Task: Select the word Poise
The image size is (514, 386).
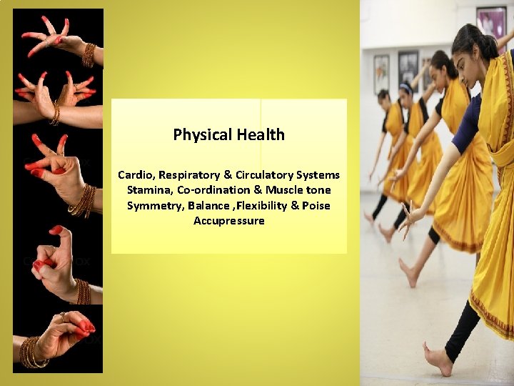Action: coord(316,206)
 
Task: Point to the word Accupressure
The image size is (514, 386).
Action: coord(228,221)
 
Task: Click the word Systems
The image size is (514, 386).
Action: coord(318,175)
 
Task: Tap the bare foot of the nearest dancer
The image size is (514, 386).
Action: coord(437,359)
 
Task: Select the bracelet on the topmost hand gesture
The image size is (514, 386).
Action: coord(89,55)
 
